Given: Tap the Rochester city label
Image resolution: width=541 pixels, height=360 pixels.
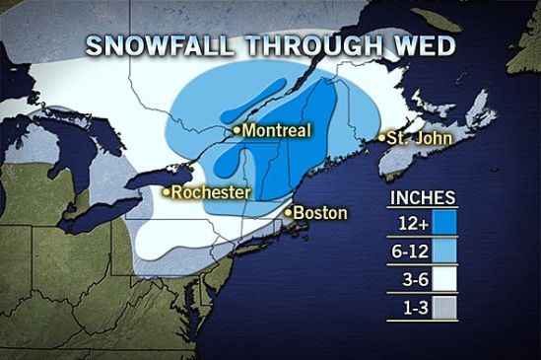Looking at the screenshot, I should (x=211, y=192).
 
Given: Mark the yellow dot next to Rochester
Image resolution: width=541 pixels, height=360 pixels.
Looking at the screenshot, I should (x=167, y=192).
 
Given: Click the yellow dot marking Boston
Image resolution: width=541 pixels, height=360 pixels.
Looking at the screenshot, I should (x=288, y=211).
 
